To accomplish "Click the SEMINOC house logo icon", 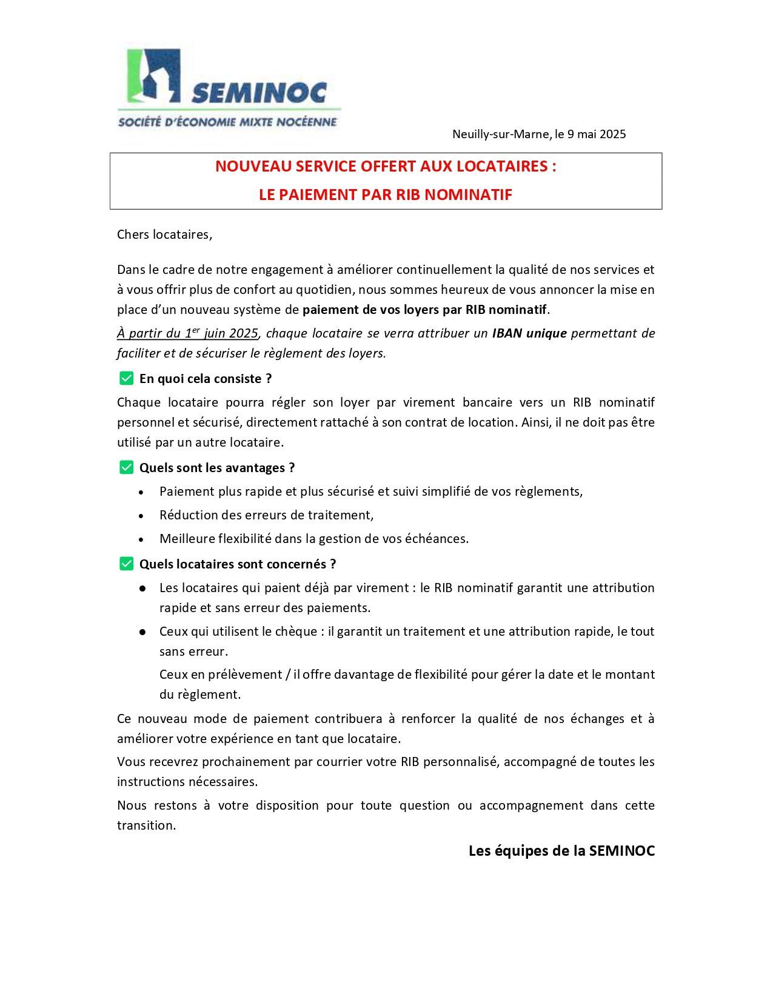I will (x=153, y=75).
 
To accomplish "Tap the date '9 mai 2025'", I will (x=597, y=135).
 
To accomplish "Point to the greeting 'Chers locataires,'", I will (x=165, y=235).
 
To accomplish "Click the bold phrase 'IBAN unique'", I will (x=529, y=333).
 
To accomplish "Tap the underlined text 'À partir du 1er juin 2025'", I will (x=188, y=333).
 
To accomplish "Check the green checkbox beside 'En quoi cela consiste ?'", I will (x=126, y=379).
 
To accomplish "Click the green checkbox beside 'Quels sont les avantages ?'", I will (x=126, y=468).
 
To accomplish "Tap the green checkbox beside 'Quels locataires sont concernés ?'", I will (x=126, y=564).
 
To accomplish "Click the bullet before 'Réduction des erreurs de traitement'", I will (x=141, y=516).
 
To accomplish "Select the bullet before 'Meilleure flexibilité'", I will (x=141, y=539).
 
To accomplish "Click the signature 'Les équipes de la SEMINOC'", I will (x=561, y=851).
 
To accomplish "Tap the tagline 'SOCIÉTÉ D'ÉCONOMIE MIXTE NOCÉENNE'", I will (x=227, y=122).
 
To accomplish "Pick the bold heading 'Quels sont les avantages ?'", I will (x=217, y=468).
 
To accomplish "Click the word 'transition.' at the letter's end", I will (x=147, y=825).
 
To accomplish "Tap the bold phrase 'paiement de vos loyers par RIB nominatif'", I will (x=424, y=310).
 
